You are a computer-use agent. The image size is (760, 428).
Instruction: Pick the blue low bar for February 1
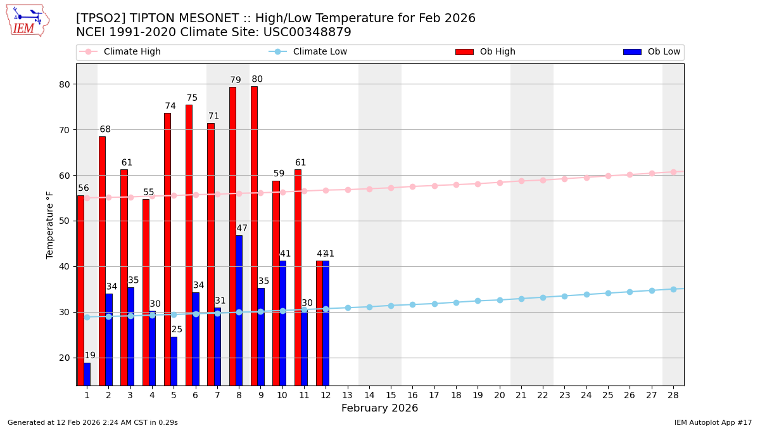tap(87, 374)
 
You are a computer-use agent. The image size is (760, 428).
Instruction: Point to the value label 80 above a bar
tap(257, 79)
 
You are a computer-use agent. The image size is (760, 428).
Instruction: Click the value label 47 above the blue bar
tap(242, 228)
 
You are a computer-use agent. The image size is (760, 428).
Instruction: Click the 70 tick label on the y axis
tap(64, 130)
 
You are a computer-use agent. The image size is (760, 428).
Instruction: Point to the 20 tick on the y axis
tap(64, 358)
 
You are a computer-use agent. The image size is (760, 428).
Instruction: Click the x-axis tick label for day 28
tap(673, 395)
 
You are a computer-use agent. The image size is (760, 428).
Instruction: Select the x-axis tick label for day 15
tap(391, 395)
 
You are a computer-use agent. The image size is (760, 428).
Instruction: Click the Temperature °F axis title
tap(50, 224)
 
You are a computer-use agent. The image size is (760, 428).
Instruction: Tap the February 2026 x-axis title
tap(379, 408)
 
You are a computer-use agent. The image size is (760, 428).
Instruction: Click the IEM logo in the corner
tap(27, 20)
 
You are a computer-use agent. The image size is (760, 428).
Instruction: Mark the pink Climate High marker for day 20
tap(500, 183)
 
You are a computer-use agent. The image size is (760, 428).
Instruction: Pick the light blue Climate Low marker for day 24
tap(586, 294)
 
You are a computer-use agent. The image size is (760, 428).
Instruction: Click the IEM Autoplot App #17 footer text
tap(713, 422)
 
